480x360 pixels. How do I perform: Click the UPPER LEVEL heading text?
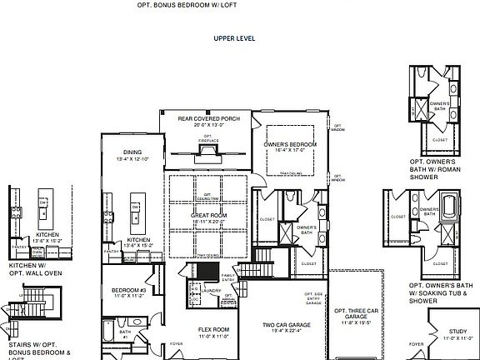point(233,38)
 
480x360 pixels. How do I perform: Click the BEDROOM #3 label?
point(128,290)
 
